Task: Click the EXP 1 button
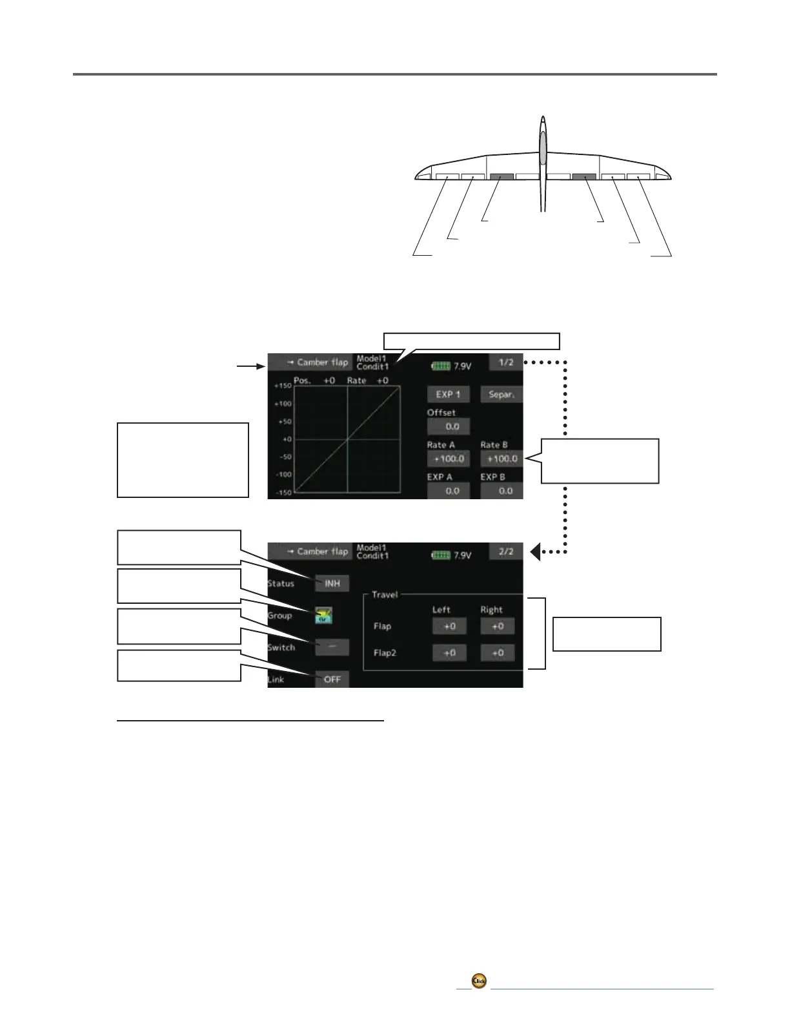pyautogui.click(x=448, y=394)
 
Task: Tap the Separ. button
pyautogui.click(x=501, y=394)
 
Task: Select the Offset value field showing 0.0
pyautogui.click(x=448, y=426)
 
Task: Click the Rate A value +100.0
pyautogui.click(x=448, y=459)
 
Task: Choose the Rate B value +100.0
pyautogui.click(x=501, y=459)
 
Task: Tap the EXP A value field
pyautogui.click(x=448, y=491)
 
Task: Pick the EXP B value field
pyautogui.click(x=501, y=491)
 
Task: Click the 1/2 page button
pyautogui.click(x=505, y=362)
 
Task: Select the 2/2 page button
pyautogui.click(x=505, y=552)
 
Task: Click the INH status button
pyautogui.click(x=332, y=583)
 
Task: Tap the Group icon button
pyautogui.click(x=324, y=615)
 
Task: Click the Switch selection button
pyautogui.click(x=332, y=647)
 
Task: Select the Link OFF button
pyautogui.click(x=332, y=679)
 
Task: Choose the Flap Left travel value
pyautogui.click(x=449, y=626)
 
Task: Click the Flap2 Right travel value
pyautogui.click(x=498, y=653)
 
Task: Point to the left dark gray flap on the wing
pyautogui.click(x=501, y=176)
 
